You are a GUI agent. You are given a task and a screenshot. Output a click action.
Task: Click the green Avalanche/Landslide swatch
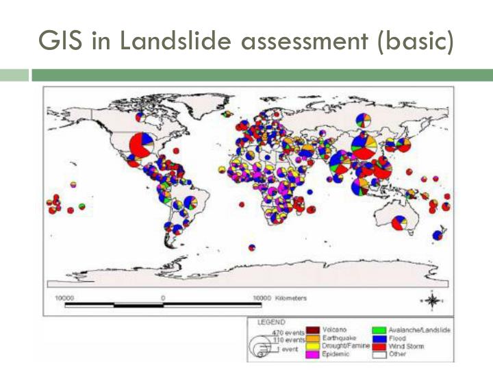[x=377, y=330]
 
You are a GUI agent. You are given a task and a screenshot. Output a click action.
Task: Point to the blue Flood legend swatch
[x=377, y=338]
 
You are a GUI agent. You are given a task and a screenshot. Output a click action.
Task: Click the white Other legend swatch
[x=377, y=354]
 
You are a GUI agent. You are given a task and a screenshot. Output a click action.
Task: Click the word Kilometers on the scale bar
[x=292, y=298]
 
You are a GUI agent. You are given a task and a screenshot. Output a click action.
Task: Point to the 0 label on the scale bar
[x=163, y=298]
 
